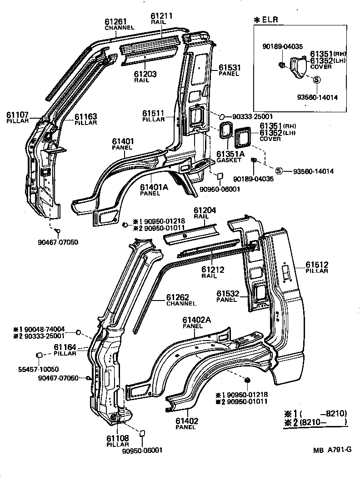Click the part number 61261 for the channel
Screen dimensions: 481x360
pyautogui.click(x=116, y=21)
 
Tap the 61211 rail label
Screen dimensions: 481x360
pyautogui.click(x=162, y=16)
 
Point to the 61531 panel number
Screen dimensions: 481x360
pyautogui.click(x=229, y=68)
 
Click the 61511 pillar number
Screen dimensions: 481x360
pyautogui.click(x=154, y=113)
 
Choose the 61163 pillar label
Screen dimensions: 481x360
pyautogui.click(x=86, y=117)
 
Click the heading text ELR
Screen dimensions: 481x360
pyautogui.click(x=271, y=20)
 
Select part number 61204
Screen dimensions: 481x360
pyautogui.click(x=205, y=210)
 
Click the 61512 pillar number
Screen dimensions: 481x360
pyautogui.click(x=317, y=265)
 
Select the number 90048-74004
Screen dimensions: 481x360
pyautogui.click(x=45, y=329)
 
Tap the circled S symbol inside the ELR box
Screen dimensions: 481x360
pyautogui.click(x=317, y=79)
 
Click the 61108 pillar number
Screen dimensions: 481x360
pyautogui.click(x=118, y=438)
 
